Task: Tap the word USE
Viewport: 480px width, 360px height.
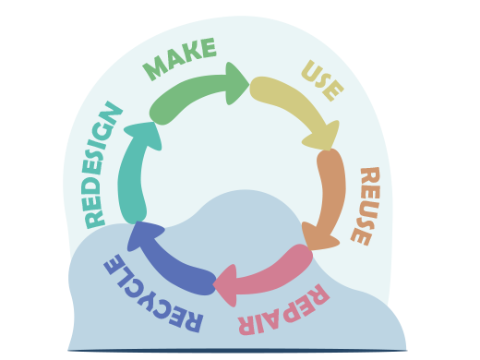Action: tap(323, 81)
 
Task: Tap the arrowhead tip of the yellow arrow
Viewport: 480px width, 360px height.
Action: tap(334, 146)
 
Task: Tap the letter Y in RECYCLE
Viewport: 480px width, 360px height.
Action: tap(146, 290)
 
